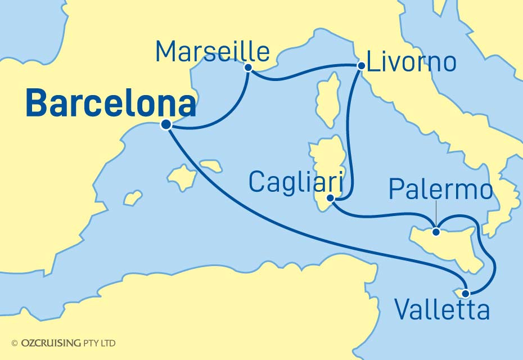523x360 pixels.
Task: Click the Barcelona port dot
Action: coord(166,125)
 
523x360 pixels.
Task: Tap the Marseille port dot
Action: coord(248,67)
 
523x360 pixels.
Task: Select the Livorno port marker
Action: coord(360,66)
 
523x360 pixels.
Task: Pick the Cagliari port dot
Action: coord(332,198)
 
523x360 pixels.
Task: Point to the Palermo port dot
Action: coord(436,231)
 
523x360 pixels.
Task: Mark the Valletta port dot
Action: coord(466,293)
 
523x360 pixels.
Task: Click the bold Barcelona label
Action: coord(111,105)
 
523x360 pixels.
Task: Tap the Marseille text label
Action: coord(213,52)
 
